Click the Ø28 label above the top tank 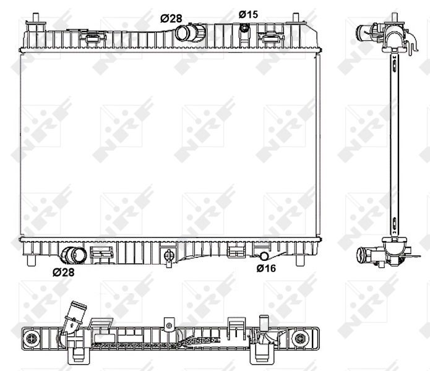pos(171,19)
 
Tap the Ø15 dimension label pos(248,14)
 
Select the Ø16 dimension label pos(266,268)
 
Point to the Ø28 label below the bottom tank pos(63,272)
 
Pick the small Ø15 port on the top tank pos(244,28)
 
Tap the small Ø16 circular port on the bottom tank pos(264,256)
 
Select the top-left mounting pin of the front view pos(36,18)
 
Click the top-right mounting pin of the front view pos(296,18)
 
